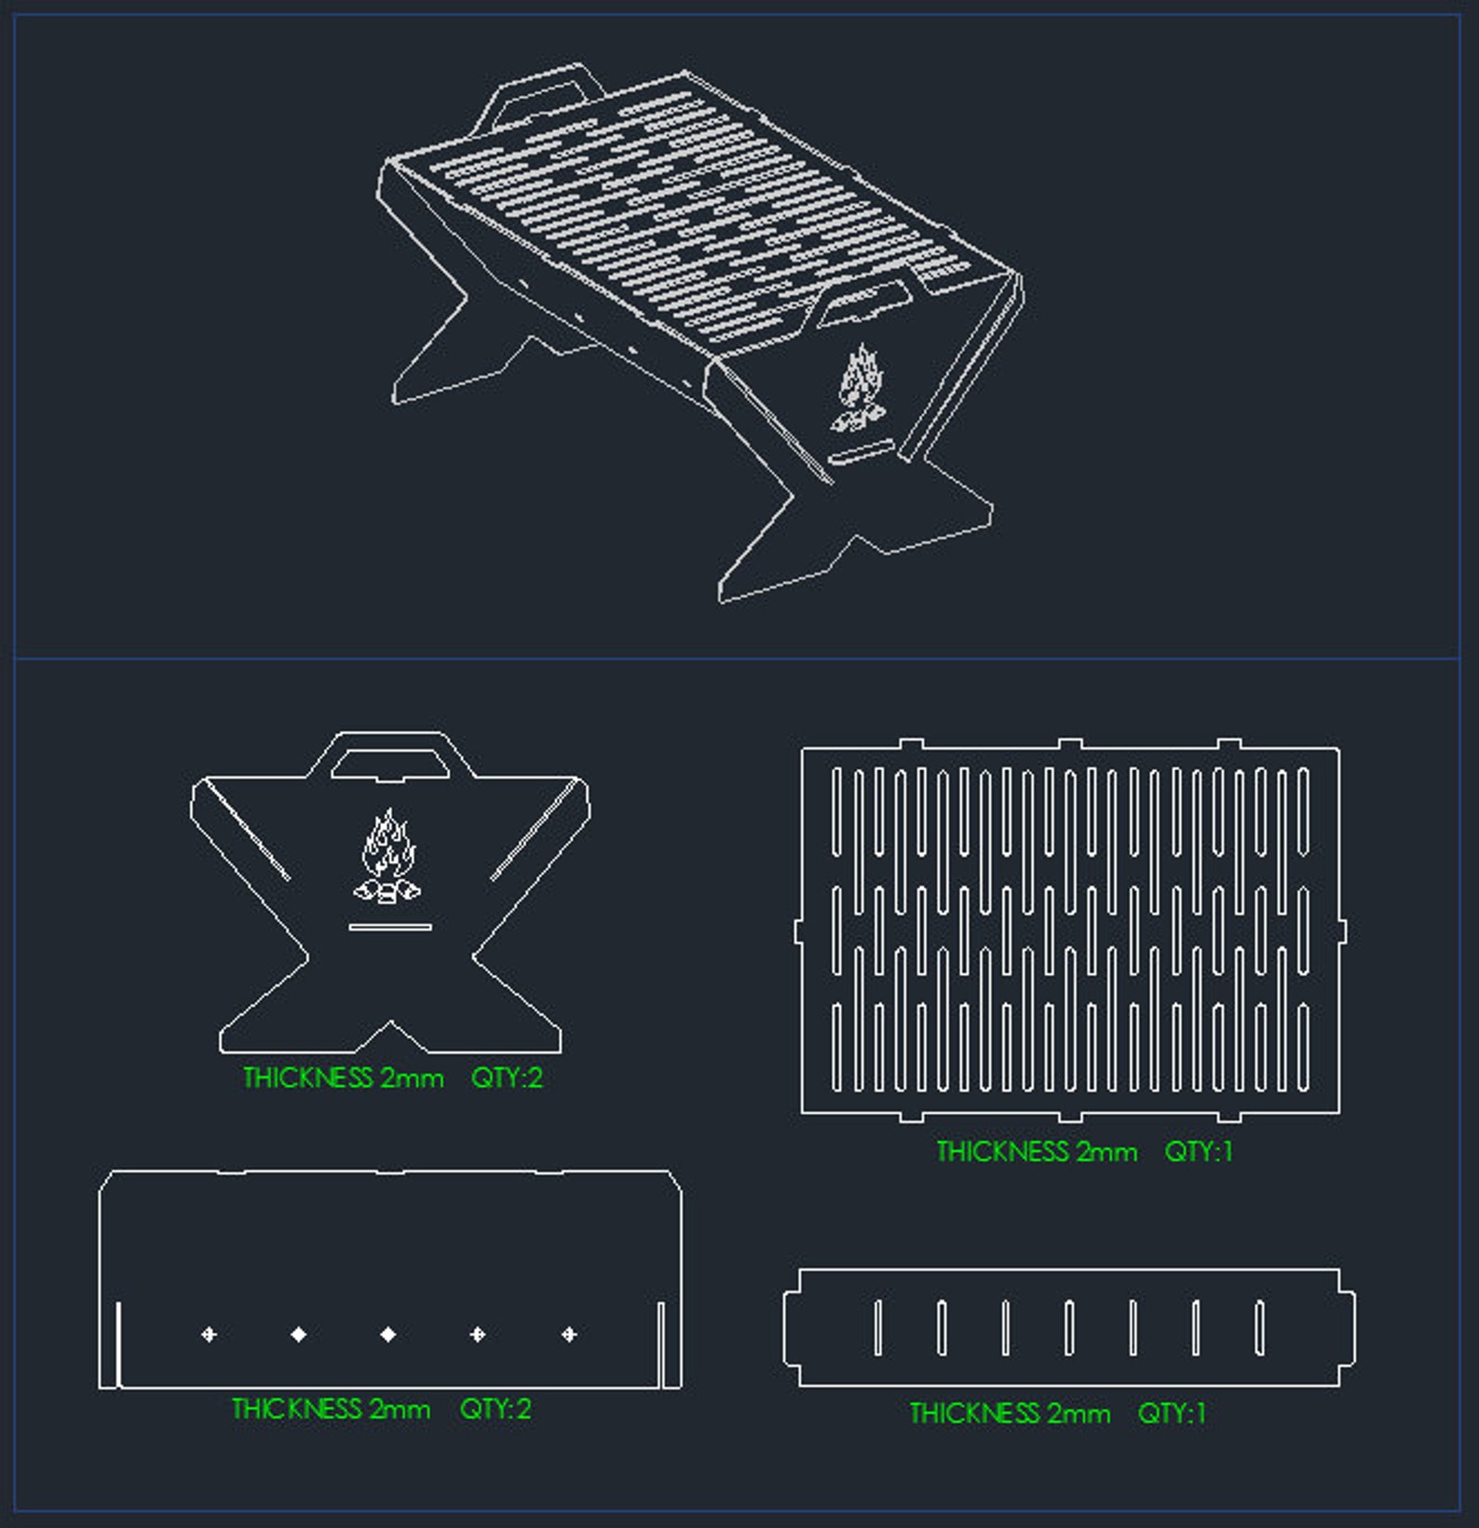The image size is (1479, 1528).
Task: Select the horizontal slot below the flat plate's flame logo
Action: tap(390, 926)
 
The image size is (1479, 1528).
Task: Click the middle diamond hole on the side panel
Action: tap(388, 1334)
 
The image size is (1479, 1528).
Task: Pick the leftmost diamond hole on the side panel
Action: tap(209, 1334)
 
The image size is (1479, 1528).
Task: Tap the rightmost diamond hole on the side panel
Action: tap(569, 1334)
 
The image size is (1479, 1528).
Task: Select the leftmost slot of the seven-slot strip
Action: tap(877, 1327)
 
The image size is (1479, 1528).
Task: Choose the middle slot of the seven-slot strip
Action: tap(1069, 1327)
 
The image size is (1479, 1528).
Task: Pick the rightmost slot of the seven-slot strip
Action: tap(1259, 1327)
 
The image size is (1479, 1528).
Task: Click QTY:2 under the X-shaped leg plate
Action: tap(507, 1077)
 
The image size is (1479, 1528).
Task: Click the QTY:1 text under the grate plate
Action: tap(1198, 1152)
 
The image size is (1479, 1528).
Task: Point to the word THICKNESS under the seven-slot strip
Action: tap(974, 1413)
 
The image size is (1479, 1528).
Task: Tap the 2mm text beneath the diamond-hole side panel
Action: tap(400, 1409)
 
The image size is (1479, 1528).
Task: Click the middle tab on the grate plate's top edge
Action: tap(1070, 744)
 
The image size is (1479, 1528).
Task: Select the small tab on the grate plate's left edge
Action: tap(798, 931)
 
